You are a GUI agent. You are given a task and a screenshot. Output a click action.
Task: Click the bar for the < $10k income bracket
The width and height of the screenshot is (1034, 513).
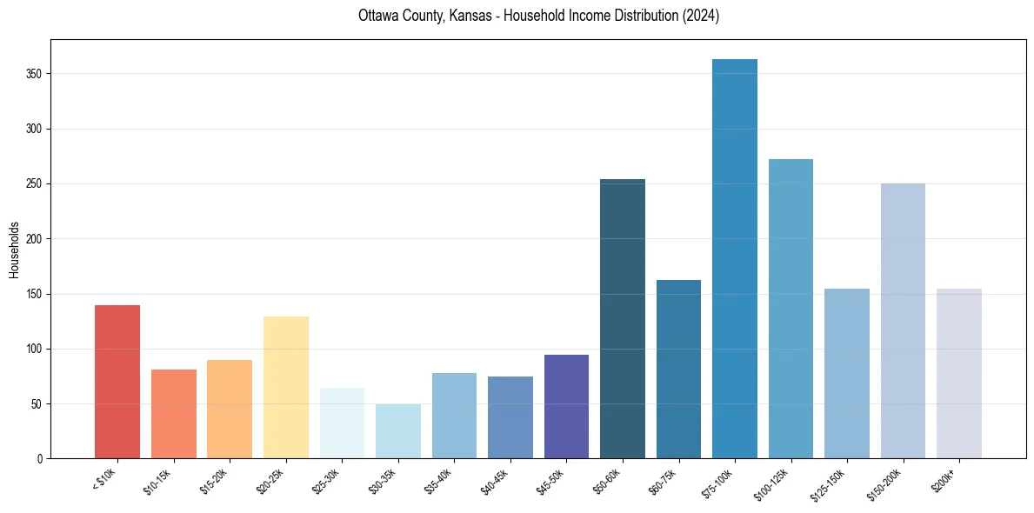pyautogui.click(x=117, y=382)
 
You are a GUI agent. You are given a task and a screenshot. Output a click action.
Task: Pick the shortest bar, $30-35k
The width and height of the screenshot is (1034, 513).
pyautogui.click(x=398, y=431)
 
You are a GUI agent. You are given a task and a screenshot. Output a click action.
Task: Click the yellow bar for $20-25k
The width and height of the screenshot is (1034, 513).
pyautogui.click(x=286, y=388)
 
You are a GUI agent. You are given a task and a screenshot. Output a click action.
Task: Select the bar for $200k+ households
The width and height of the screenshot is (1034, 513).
pyautogui.click(x=959, y=374)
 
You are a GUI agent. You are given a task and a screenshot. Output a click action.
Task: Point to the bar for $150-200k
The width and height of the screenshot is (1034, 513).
pyautogui.click(x=903, y=321)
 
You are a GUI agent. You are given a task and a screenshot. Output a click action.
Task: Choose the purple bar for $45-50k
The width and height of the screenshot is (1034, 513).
pyautogui.click(x=566, y=407)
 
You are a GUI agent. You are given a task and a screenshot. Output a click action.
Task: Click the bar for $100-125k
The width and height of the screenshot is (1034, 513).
pyautogui.click(x=791, y=309)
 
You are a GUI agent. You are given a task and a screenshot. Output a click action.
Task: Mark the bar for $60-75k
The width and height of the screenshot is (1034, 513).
pyautogui.click(x=678, y=370)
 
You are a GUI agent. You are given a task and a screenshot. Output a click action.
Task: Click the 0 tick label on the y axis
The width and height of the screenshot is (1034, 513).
pyautogui.click(x=40, y=459)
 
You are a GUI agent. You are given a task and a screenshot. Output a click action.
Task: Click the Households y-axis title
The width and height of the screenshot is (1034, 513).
pyautogui.click(x=14, y=249)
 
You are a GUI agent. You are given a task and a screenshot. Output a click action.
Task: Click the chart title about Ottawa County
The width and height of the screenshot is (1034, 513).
pyautogui.click(x=538, y=16)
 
